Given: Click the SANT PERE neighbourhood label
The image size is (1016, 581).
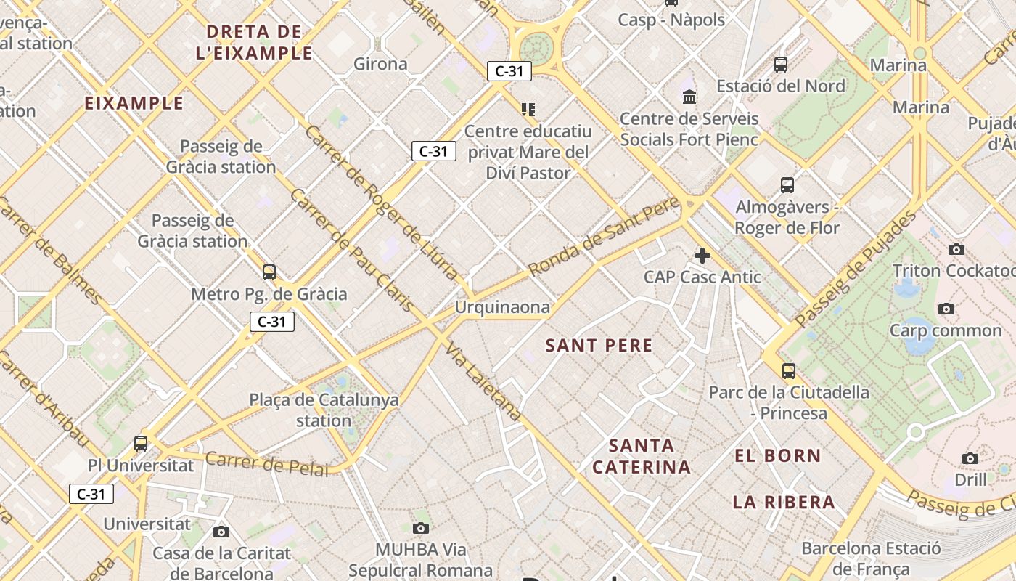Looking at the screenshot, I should (x=599, y=346).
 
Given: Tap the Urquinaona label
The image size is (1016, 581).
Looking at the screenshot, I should (x=502, y=307).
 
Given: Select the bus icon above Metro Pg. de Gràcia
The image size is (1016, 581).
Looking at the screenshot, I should (x=269, y=272).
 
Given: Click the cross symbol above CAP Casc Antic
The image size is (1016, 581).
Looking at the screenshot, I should (x=702, y=256).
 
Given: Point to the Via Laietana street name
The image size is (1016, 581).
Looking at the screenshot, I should (x=483, y=382).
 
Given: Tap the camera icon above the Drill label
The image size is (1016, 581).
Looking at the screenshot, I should (x=970, y=458).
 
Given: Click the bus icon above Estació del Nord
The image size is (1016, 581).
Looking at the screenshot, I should (x=781, y=65).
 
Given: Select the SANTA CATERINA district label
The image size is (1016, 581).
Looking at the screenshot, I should (x=642, y=456).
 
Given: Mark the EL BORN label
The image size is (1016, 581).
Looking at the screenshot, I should (x=778, y=456).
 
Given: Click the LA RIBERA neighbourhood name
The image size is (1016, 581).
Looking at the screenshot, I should (x=784, y=502).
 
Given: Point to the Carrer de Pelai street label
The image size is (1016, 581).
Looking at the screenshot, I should (x=266, y=463).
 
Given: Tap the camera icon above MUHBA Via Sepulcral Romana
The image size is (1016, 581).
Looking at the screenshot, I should (x=421, y=528).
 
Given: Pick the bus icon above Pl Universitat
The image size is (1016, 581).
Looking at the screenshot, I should (x=141, y=443).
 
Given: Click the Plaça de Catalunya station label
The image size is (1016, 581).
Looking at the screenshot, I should (x=324, y=410).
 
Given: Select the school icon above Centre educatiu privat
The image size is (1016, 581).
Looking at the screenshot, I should (x=528, y=110).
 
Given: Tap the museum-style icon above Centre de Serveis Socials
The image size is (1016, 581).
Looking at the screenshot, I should (x=689, y=97).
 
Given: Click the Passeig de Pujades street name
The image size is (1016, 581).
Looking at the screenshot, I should (x=856, y=269).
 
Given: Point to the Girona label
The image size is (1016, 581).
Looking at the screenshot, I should (x=380, y=64).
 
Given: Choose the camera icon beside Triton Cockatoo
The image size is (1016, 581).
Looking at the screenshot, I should (x=956, y=250).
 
